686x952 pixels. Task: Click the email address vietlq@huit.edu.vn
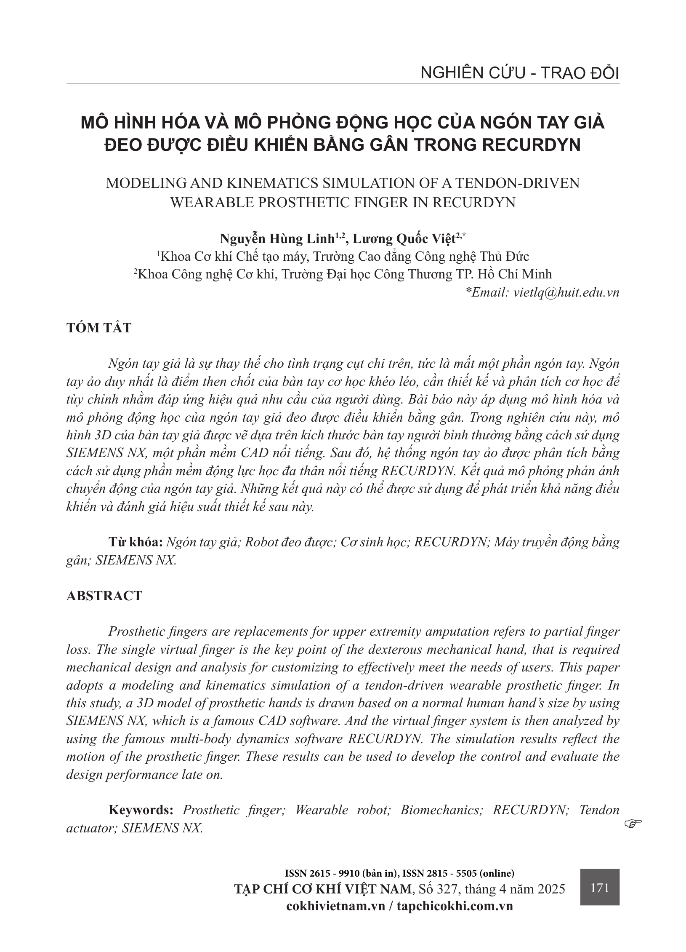pyautogui.click(x=566, y=292)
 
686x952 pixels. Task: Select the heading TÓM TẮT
pyautogui.click(x=99, y=328)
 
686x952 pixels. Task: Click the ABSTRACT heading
pyautogui.click(x=104, y=596)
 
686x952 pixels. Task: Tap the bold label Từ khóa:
pyautogui.click(x=136, y=542)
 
